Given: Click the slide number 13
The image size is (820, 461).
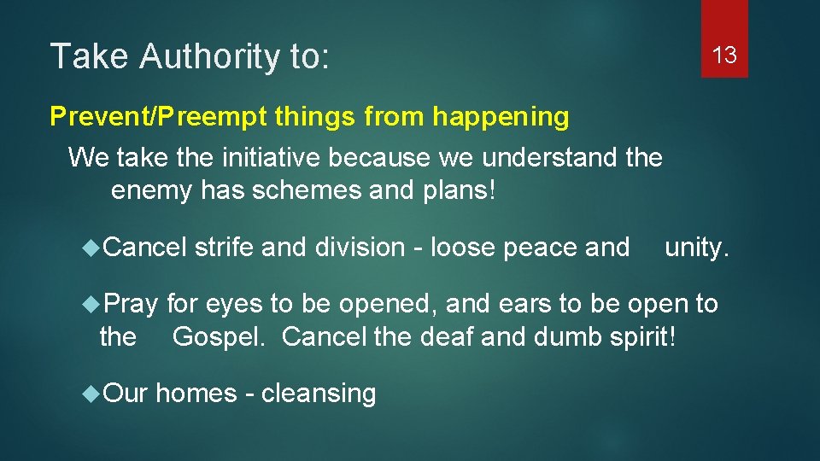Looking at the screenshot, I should tap(724, 56).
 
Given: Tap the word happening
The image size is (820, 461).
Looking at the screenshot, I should tap(501, 116).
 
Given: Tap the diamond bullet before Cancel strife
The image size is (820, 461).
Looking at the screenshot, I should tap(92, 248).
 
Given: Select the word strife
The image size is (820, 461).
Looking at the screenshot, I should tap(224, 248).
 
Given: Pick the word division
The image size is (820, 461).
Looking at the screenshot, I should tap(368, 248).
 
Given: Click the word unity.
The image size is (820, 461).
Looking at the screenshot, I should tap(697, 248).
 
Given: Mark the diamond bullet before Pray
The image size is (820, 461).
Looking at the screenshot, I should tap(92, 304).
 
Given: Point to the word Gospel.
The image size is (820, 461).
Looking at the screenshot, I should tap(222, 337).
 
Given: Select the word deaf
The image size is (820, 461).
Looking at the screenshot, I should tap(447, 337).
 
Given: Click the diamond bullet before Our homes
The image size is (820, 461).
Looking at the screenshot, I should tap(92, 394).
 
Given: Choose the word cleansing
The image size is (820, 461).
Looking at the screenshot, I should tap(319, 394).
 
